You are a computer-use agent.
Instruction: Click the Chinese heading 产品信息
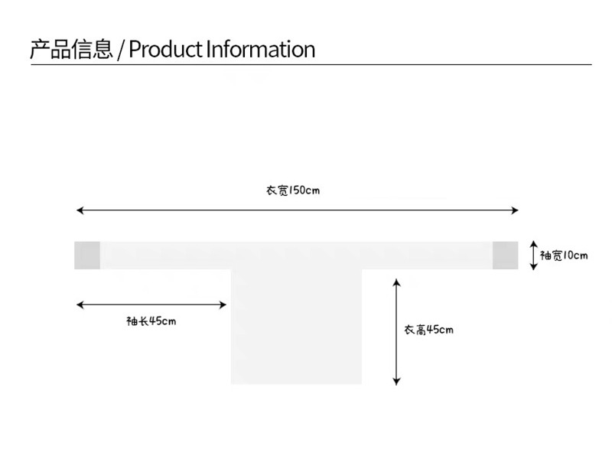(x=71, y=50)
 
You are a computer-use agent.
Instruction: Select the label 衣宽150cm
(x=292, y=190)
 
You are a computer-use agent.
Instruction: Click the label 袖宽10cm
(x=564, y=256)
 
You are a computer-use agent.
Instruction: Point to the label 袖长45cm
(x=151, y=321)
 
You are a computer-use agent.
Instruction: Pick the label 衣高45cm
(x=428, y=330)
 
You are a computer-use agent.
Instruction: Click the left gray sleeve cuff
(x=87, y=256)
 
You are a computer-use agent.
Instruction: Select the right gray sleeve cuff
(x=506, y=256)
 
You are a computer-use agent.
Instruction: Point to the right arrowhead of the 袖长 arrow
(x=223, y=305)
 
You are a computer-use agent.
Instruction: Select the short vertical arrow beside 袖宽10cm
(x=533, y=256)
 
